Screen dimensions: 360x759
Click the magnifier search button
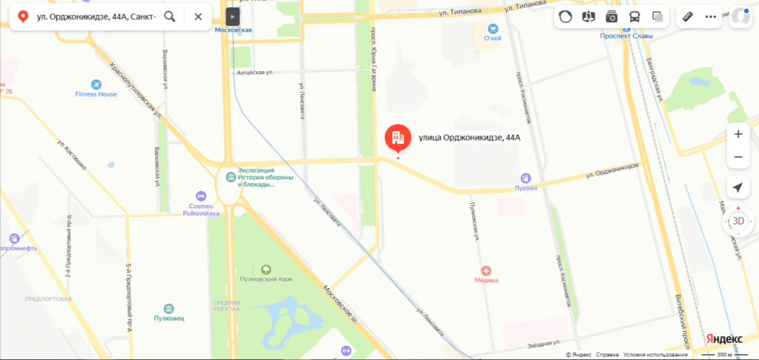point(170,16)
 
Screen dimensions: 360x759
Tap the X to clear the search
point(198,16)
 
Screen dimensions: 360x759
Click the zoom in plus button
point(738,134)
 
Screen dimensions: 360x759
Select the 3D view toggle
point(738,221)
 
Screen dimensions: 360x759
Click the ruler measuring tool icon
point(687,16)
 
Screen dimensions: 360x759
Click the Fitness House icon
point(96,84)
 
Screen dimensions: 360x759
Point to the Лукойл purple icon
point(526,177)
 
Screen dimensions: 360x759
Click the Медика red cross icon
point(486,270)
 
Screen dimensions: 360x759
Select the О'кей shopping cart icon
point(493,28)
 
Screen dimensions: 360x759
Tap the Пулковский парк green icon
point(267,268)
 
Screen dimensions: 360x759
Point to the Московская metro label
point(233,30)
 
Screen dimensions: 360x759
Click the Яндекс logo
point(723,338)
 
